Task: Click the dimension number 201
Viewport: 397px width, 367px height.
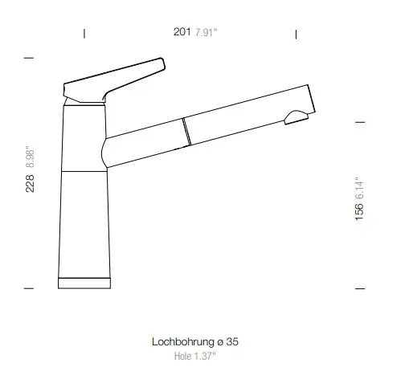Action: tap(182, 32)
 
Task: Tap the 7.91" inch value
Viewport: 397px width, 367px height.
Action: tap(207, 32)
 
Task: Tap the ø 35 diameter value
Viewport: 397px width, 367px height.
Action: tap(227, 341)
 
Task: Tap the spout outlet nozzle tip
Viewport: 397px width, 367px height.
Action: tap(297, 119)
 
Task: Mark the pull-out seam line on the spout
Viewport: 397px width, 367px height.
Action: tap(186, 132)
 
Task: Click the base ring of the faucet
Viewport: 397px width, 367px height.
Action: tap(84, 282)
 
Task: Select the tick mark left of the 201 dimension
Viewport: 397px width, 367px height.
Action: tap(84, 33)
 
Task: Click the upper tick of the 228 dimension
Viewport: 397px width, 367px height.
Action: tap(30, 59)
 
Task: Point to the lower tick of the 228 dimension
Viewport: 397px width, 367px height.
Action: tap(30, 287)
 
